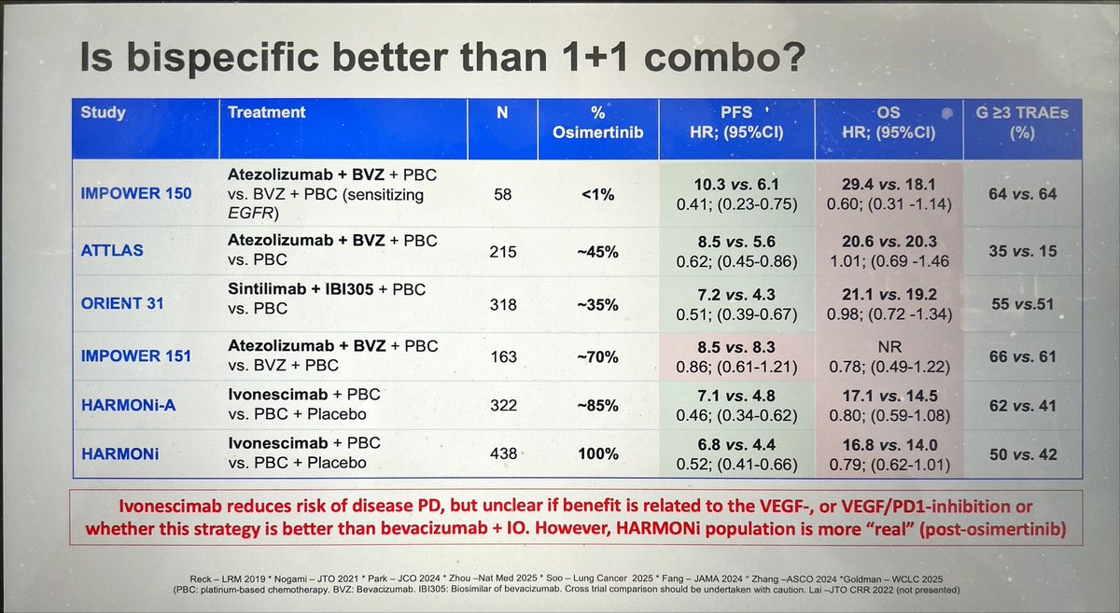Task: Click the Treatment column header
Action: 266,113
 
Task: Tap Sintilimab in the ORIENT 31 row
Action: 266,289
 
